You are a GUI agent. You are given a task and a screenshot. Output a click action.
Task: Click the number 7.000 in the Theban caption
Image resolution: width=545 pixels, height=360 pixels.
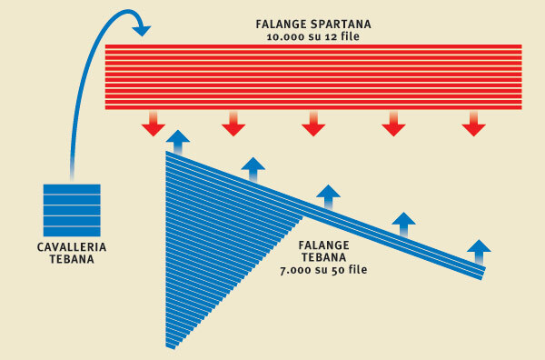coord(301,270)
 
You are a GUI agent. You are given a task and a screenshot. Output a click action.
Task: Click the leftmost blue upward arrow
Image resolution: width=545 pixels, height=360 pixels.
coord(179,141)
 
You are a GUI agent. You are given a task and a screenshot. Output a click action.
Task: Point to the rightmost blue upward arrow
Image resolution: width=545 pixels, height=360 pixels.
coord(479,248)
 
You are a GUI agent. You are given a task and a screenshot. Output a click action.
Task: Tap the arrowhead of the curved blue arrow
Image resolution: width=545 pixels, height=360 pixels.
coord(141,30)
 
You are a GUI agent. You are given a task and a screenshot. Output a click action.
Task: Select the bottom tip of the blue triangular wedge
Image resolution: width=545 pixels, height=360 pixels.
coord(170,345)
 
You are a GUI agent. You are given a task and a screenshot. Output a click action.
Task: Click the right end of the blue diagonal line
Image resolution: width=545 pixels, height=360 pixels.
coord(482,275)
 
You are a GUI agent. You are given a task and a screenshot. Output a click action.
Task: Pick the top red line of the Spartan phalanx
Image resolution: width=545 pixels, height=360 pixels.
coord(313,46)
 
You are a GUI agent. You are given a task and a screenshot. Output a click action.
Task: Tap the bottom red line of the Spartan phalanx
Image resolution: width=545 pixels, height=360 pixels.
coord(313,106)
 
